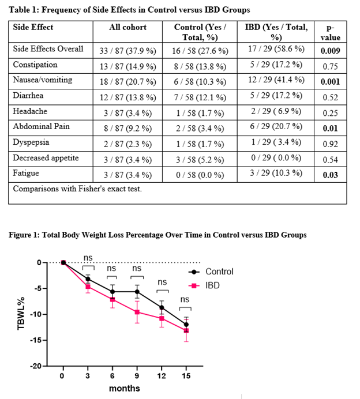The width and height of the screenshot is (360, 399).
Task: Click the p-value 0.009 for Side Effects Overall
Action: pyautogui.click(x=330, y=51)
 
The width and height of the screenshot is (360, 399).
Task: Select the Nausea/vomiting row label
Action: pyautogui.click(x=43, y=80)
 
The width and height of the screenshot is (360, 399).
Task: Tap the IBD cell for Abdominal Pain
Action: pyautogui.click(x=276, y=126)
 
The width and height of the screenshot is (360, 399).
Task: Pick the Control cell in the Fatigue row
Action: pyautogui.click(x=200, y=175)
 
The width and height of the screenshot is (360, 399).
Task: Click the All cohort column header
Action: pyautogui.click(x=128, y=27)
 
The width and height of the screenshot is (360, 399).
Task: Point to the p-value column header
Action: pyautogui.click(x=330, y=32)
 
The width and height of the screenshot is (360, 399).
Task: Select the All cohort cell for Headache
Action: pyautogui.click(x=127, y=113)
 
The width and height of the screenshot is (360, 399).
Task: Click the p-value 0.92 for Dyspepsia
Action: pyautogui.click(x=330, y=144)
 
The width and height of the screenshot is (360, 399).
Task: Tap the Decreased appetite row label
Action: pyautogui.click(x=46, y=158)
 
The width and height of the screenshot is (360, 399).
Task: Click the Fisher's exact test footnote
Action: pyautogui.click(x=77, y=189)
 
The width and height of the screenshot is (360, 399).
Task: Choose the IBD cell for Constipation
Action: pyautogui.click(x=276, y=65)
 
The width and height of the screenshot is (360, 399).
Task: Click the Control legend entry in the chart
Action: pyautogui.click(x=211, y=272)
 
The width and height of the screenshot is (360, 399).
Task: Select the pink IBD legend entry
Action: pyautogui.click(x=204, y=285)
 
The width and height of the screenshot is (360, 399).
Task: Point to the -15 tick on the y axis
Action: pyautogui.click(x=36, y=340)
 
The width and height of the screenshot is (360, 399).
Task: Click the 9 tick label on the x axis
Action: pyautogui.click(x=137, y=376)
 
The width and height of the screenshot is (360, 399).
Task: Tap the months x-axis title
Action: pyautogui.click(x=125, y=388)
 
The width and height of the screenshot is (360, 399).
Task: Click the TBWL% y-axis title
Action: pyautogui.click(x=21, y=314)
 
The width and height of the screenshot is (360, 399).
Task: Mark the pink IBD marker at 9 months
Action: pyautogui.click(x=137, y=312)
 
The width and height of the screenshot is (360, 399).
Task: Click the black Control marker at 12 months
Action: pyautogui.click(x=162, y=307)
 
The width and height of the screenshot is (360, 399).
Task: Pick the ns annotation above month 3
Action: pyautogui.click(x=88, y=258)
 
